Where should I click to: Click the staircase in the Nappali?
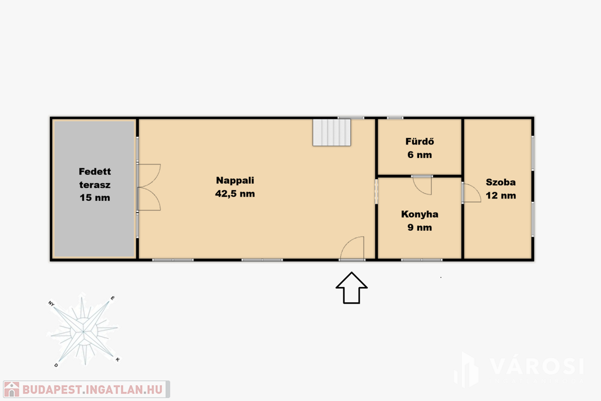[332, 132]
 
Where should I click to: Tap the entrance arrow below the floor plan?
[352, 288]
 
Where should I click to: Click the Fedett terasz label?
[94, 178]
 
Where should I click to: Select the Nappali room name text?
[235, 181]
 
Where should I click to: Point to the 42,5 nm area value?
[235, 194]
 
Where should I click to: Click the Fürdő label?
[420, 141]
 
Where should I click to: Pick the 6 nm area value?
[420, 155]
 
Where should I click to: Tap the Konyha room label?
[420, 214]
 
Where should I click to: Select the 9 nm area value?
[420, 228]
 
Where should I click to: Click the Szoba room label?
[501, 183]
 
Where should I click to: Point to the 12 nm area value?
[501, 196]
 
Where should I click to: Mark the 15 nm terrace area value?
[94, 198]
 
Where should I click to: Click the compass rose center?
[83, 331]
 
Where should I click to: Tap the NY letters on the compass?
[52, 304]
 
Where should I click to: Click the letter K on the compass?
[117, 359]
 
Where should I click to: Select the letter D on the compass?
[56, 365]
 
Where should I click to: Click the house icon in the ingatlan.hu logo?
[12, 389]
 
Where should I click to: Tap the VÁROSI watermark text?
[537, 366]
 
